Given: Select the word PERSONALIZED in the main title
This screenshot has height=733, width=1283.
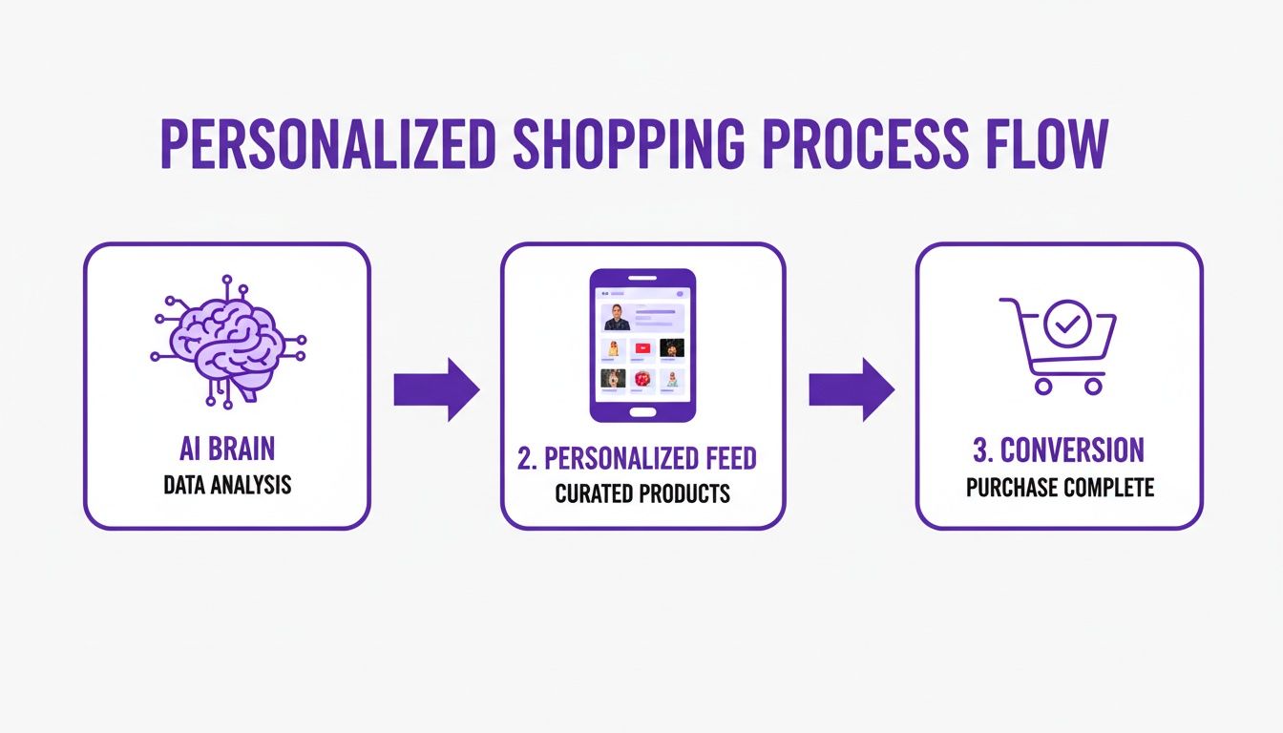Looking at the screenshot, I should point(326,146).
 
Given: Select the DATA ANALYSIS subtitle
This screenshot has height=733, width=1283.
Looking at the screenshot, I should point(226,486).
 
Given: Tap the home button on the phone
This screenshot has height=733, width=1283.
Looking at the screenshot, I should point(642,411).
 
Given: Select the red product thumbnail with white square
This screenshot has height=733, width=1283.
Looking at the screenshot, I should point(642,348).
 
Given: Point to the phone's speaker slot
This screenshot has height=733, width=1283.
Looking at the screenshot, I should point(642,280).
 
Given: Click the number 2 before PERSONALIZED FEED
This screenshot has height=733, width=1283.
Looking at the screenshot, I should point(524,458).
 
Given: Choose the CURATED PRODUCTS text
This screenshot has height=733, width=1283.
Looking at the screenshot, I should point(642,493).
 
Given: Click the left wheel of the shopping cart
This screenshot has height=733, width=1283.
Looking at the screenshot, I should point(1042,386).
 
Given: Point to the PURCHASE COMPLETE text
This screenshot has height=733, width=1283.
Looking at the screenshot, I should point(1060,488).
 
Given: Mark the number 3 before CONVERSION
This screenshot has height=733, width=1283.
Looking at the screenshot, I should point(979,451).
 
